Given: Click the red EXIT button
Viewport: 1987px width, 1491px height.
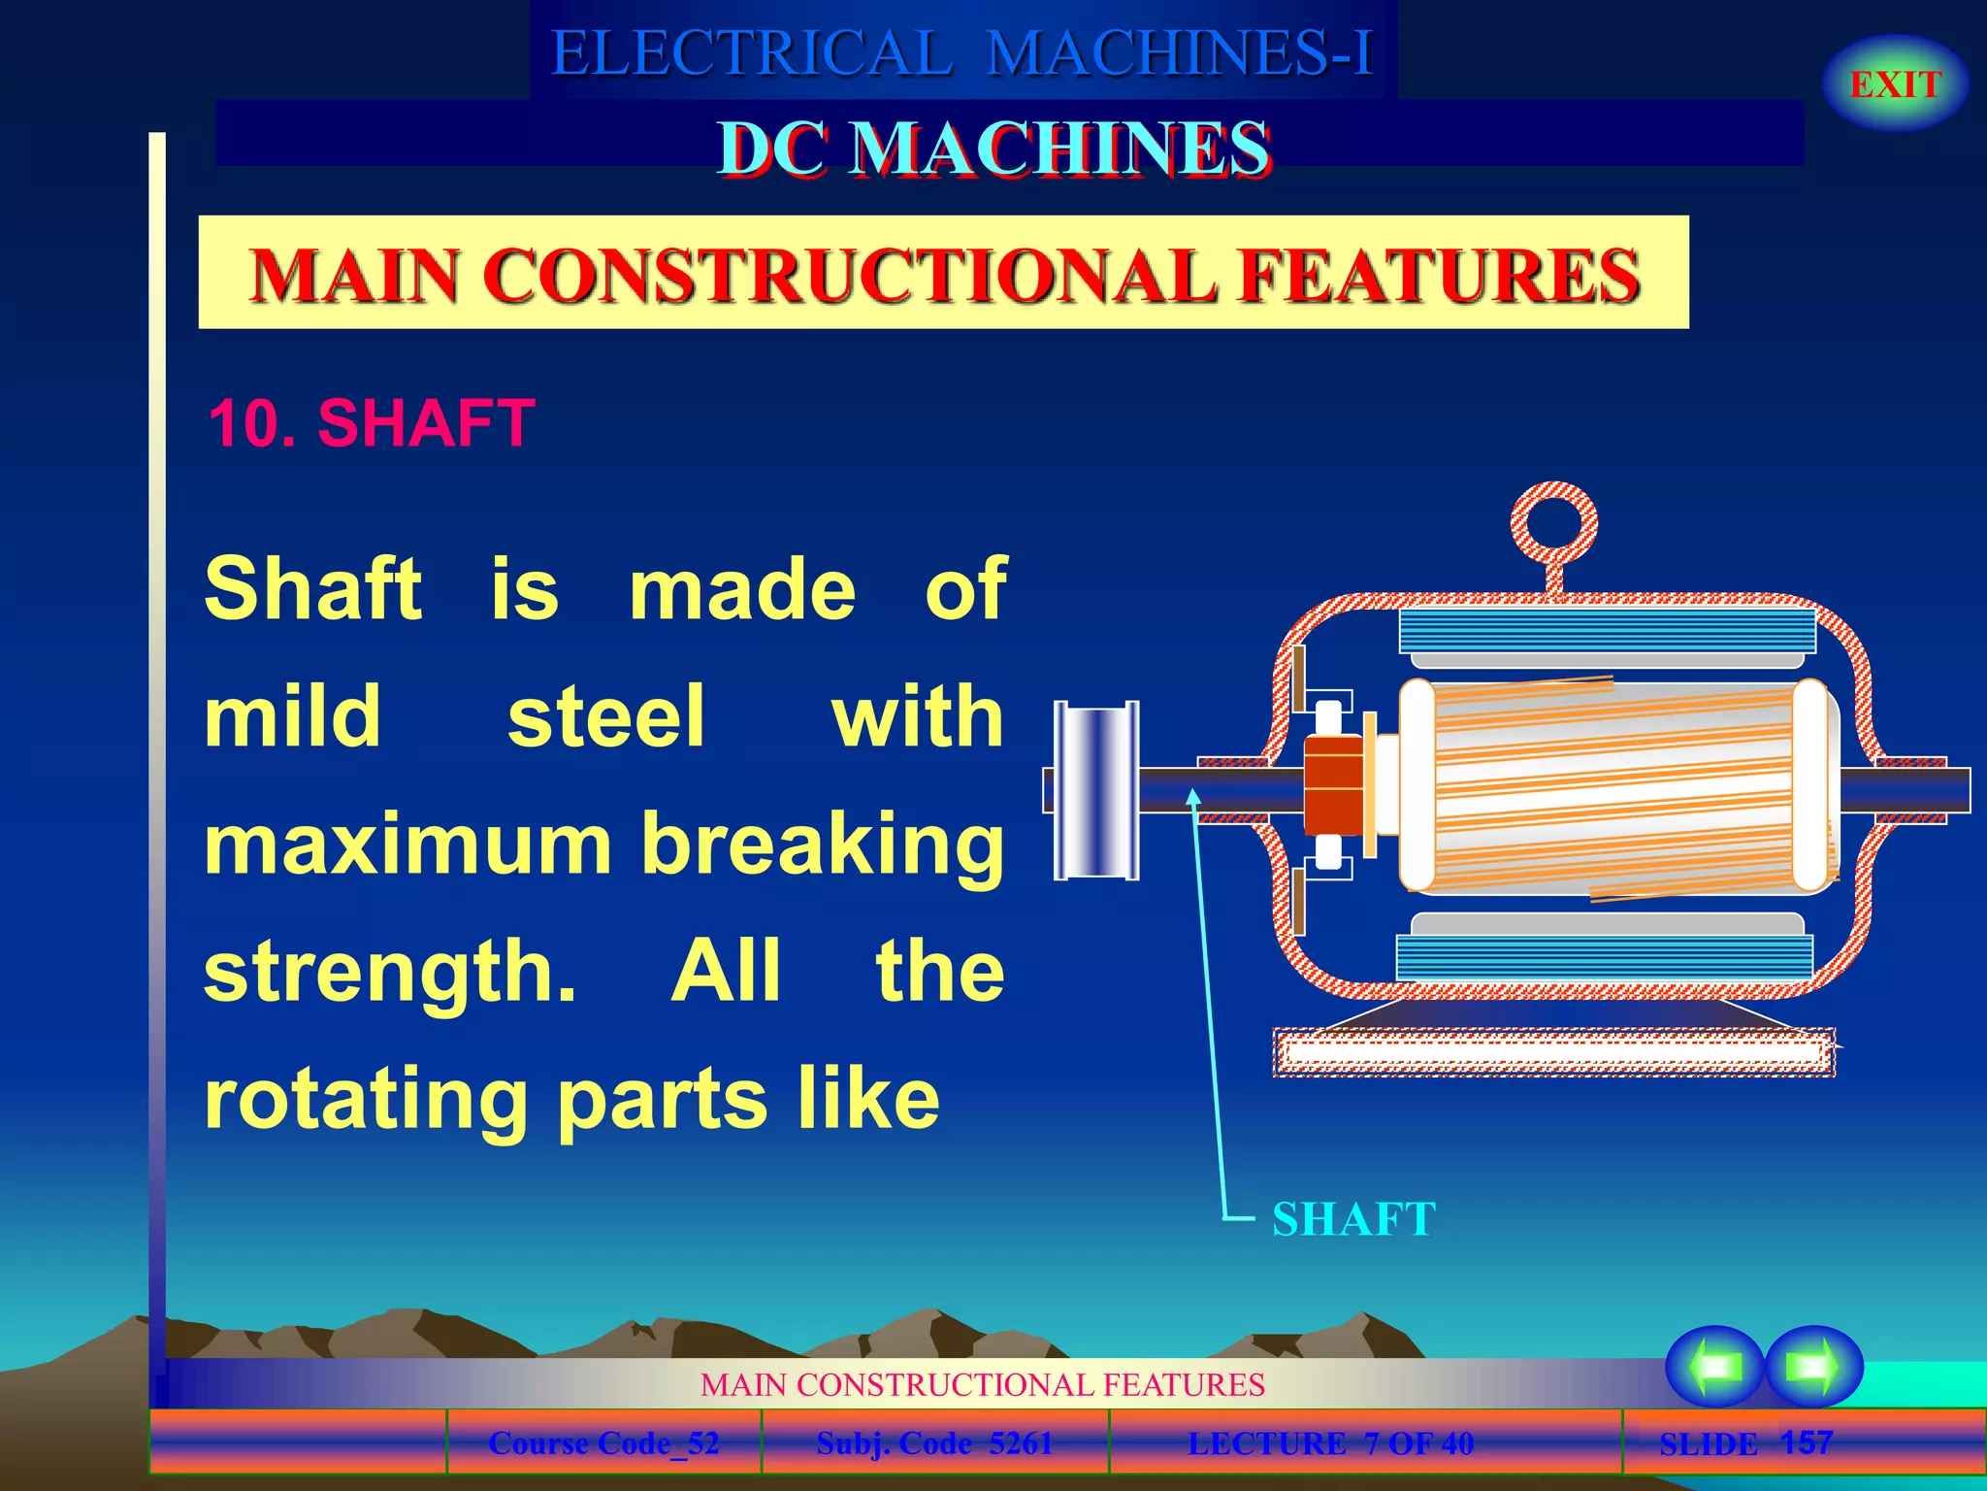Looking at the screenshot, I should (x=1895, y=84).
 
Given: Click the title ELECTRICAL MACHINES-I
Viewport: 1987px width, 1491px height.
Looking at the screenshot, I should (x=962, y=52).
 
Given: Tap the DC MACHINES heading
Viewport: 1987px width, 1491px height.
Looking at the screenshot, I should (x=993, y=149).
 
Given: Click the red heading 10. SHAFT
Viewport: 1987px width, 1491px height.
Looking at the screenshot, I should (x=372, y=423).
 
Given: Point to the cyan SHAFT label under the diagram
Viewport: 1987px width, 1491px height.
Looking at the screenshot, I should (x=1353, y=1219).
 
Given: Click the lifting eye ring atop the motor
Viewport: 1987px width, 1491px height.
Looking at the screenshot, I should (x=1553, y=524).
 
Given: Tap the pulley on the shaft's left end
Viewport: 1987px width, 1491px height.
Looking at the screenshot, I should (x=1096, y=790).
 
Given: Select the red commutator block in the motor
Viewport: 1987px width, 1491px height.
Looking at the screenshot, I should (x=1333, y=785).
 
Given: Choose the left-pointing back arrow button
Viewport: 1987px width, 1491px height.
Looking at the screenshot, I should (x=1714, y=1366).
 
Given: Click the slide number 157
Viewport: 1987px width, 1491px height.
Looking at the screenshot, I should (x=1807, y=1442).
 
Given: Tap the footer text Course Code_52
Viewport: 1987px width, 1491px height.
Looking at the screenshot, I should (x=603, y=1443).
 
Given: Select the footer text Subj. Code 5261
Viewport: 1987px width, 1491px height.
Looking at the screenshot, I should (x=934, y=1443).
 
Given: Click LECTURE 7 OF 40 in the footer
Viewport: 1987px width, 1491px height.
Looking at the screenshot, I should (x=1331, y=1443).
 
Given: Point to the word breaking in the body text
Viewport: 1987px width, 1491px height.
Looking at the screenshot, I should (x=823, y=845).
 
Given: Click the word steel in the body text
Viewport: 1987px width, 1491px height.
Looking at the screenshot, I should (x=606, y=716).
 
